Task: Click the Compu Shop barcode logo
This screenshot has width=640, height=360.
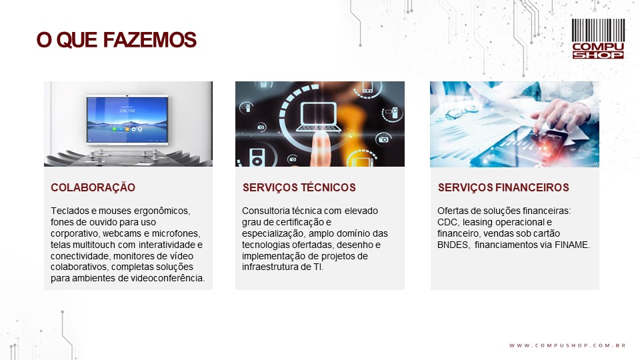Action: coord(598,39)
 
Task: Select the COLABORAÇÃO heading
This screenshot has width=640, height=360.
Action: coord(93,187)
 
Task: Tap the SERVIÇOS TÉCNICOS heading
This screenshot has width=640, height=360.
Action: coord(299,187)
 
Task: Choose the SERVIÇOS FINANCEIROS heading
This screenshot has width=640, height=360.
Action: coord(503,187)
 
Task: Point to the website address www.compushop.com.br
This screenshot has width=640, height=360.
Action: coord(568,345)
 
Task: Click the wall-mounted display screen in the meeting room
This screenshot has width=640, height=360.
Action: coord(127,120)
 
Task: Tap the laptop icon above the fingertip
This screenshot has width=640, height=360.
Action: coord(319,117)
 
